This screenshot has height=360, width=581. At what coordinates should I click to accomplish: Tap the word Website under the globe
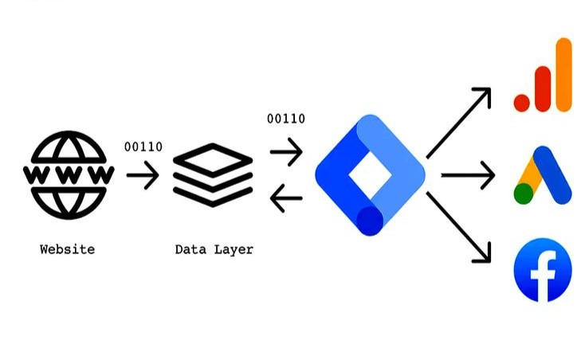tap(67, 249)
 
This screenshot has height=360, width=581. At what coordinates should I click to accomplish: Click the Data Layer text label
tap(214, 249)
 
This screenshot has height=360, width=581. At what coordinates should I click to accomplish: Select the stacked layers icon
tap(213, 174)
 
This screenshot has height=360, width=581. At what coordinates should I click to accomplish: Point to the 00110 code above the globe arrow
tap(143, 146)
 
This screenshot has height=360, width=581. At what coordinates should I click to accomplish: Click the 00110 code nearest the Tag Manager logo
tap(286, 119)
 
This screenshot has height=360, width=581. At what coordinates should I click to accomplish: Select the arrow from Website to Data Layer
tap(143, 174)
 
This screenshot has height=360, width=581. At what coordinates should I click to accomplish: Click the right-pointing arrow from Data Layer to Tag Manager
tap(286, 151)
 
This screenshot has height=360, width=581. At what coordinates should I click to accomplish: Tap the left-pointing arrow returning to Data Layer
tap(286, 200)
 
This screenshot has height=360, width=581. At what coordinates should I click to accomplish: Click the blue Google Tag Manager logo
tap(370, 174)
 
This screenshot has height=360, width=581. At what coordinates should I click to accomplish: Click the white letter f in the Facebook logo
tap(545, 275)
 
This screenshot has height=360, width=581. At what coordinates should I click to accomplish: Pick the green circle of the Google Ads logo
tap(523, 194)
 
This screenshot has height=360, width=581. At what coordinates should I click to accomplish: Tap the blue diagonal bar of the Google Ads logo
tap(555, 177)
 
